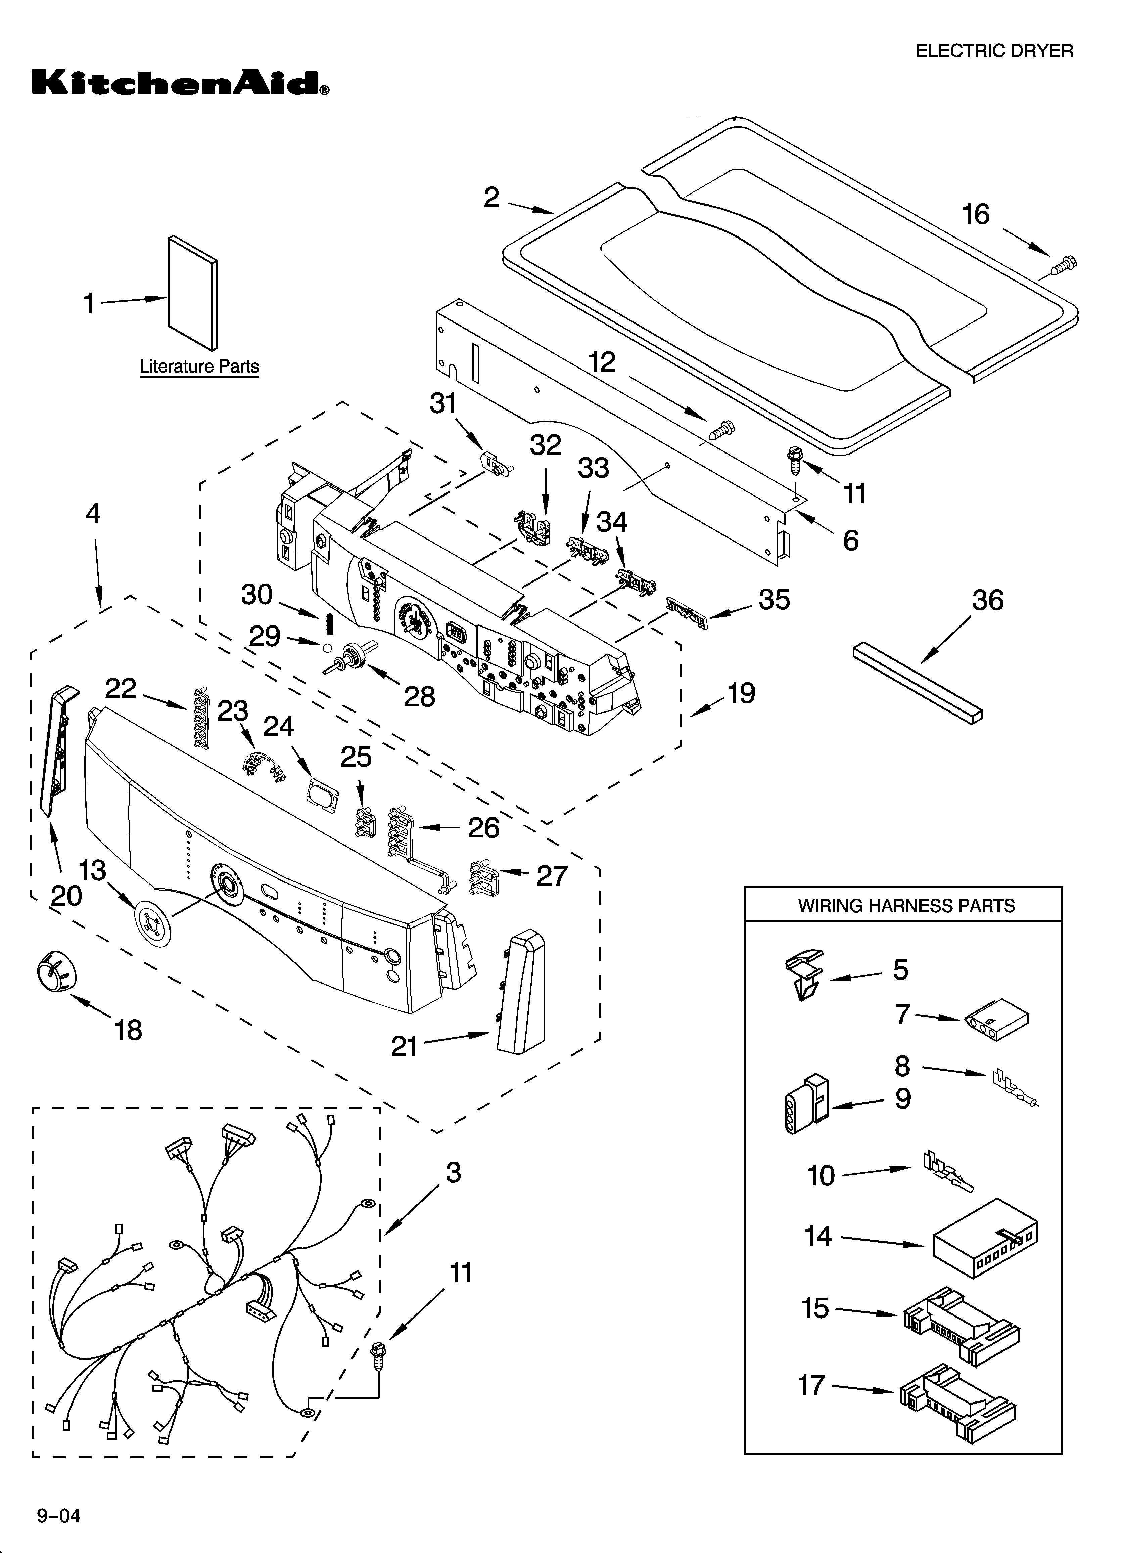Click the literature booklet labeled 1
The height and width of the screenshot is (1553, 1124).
pyautogui.click(x=192, y=293)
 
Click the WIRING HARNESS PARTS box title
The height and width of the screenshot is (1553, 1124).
pyautogui.click(x=906, y=906)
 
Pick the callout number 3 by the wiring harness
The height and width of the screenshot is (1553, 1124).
pyautogui.click(x=453, y=1173)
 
